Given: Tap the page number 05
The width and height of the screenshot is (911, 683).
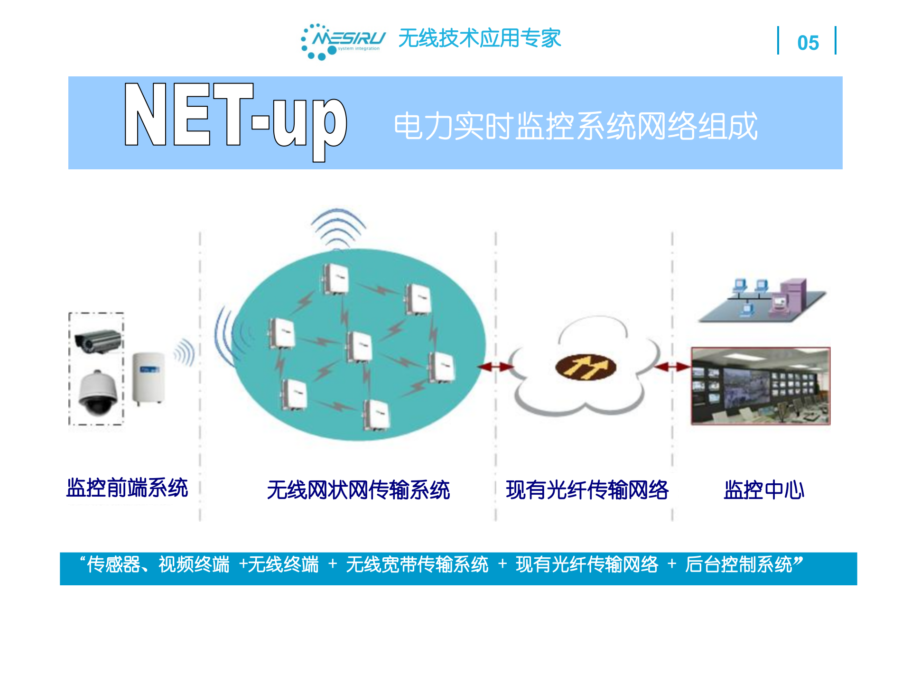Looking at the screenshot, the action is point(808,43).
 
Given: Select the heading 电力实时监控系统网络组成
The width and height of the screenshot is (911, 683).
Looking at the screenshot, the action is point(575,126).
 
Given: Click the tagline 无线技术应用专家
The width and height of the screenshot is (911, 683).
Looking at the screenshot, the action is point(480,38).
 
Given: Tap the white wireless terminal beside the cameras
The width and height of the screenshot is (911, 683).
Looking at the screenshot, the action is point(149,378).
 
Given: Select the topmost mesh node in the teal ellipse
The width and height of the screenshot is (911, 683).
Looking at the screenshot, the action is point(335,279).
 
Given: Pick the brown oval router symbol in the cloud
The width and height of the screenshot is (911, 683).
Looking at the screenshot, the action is point(585,368).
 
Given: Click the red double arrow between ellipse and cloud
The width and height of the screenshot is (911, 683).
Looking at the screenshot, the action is point(495,367).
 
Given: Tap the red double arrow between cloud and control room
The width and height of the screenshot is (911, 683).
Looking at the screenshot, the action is point(672,367).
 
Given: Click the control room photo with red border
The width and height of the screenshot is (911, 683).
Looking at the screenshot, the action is point(761,386).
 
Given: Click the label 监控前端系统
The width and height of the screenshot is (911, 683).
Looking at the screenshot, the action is point(127,488).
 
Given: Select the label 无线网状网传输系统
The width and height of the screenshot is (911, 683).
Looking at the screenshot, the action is point(358,490).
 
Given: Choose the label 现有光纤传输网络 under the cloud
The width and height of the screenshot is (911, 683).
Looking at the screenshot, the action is point(587,490).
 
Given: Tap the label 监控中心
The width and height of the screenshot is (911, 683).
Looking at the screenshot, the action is point(764,490).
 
